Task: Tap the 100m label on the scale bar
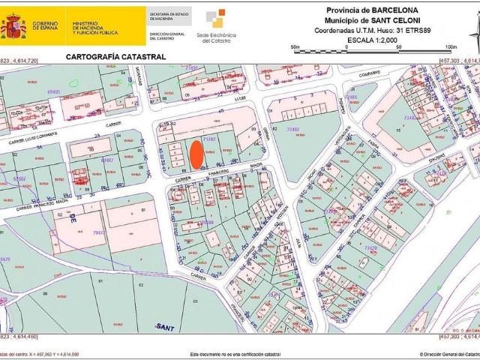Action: click(440, 47)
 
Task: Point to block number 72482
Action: click(292, 129)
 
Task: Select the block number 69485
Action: click(53, 91)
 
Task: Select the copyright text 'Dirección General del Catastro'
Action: click(449, 352)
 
